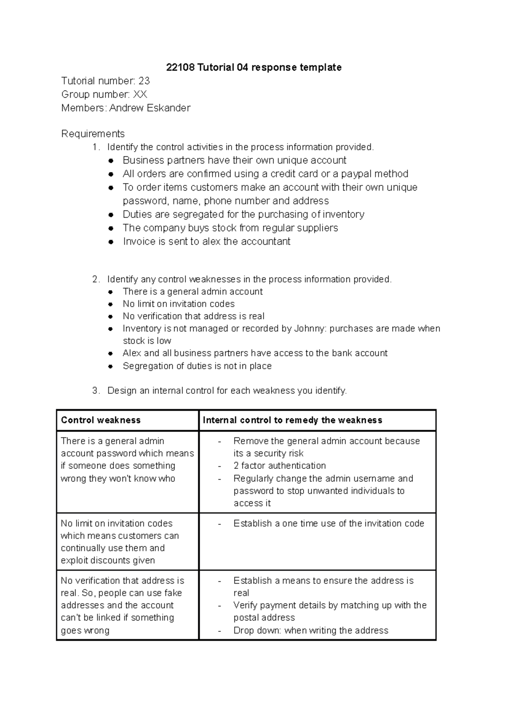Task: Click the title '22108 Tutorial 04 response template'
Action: pos(254,67)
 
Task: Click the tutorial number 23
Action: pos(144,81)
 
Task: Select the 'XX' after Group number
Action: pos(140,94)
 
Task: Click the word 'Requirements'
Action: pos(93,134)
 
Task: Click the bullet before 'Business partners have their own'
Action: pos(111,160)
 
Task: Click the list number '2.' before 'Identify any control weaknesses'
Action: pos(96,279)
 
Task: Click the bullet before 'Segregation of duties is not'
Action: pos(111,366)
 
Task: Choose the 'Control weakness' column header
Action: pos(101,420)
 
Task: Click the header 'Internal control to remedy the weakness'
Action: pos(293,420)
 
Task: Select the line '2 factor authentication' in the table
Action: pos(279,466)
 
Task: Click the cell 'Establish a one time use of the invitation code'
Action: pos(329,523)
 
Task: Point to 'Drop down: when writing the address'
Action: pos(311,631)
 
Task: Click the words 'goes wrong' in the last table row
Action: pos(85,631)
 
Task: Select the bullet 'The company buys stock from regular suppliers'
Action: pos(230,228)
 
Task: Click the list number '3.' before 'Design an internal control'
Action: pos(96,391)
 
